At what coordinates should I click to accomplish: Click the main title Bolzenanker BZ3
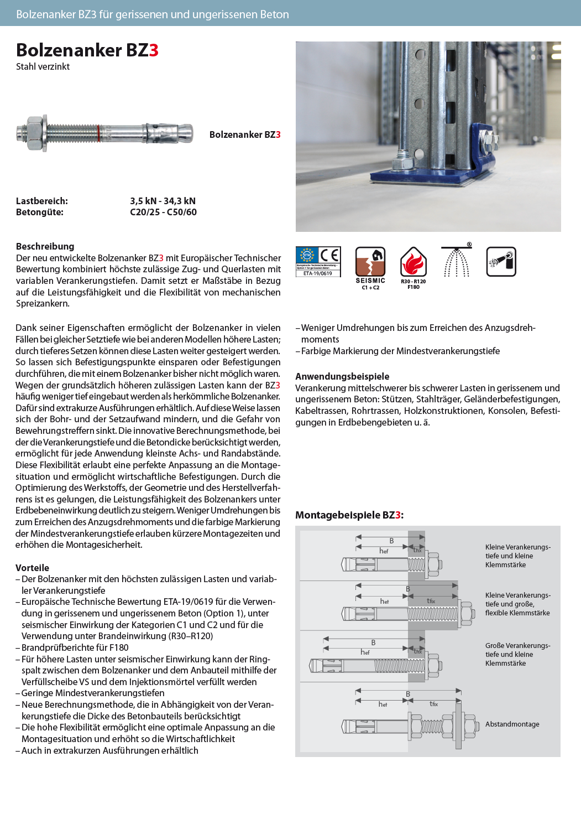click(x=87, y=50)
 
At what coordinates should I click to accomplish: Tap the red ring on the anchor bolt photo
click(x=99, y=133)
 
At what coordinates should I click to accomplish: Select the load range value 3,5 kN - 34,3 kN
click(x=163, y=201)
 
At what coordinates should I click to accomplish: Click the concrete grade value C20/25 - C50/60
click(x=163, y=212)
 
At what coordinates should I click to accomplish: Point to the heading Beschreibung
click(x=45, y=246)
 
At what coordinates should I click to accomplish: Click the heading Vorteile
click(x=32, y=568)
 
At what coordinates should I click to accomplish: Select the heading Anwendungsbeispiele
click(x=342, y=376)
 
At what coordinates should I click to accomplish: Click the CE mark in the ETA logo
click(x=329, y=255)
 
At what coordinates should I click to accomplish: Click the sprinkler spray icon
click(x=457, y=261)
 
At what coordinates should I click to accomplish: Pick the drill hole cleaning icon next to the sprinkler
click(x=501, y=262)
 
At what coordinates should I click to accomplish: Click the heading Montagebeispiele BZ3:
click(x=349, y=515)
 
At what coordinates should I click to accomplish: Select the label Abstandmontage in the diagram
click(x=512, y=724)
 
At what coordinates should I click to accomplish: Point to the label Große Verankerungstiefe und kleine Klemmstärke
click(x=517, y=654)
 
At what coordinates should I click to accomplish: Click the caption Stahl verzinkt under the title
click(x=43, y=66)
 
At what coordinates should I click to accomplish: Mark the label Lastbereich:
click(x=42, y=201)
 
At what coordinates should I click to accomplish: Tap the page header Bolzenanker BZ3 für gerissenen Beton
click(x=153, y=14)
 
